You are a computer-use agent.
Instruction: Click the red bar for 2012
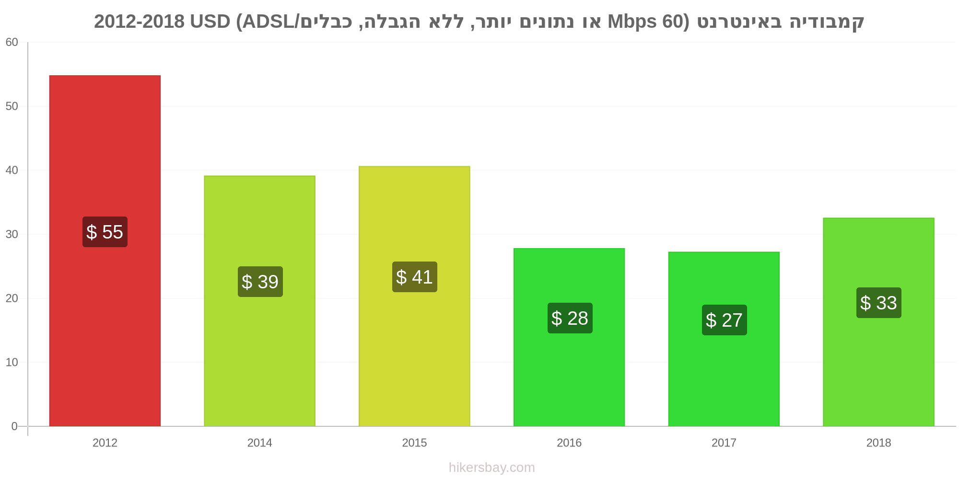105,251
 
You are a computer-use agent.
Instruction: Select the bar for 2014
260,301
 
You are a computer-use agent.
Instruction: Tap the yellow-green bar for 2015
414,296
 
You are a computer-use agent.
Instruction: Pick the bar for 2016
569,337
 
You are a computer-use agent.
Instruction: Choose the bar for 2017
724,339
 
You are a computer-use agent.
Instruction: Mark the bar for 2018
878,322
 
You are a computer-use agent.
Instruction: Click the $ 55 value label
105,232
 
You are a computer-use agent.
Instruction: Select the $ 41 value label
415,277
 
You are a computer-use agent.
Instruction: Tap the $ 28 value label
570,318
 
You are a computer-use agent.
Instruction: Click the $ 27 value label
725,320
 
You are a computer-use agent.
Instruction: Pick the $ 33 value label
879,303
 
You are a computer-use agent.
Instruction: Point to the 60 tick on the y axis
12,42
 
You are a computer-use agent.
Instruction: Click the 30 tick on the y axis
12,234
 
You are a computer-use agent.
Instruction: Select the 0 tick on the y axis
14,426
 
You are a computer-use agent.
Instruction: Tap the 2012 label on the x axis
105,443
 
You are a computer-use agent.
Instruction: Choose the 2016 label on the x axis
569,443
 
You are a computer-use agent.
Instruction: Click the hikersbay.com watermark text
492,468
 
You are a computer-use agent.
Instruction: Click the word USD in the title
210,22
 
